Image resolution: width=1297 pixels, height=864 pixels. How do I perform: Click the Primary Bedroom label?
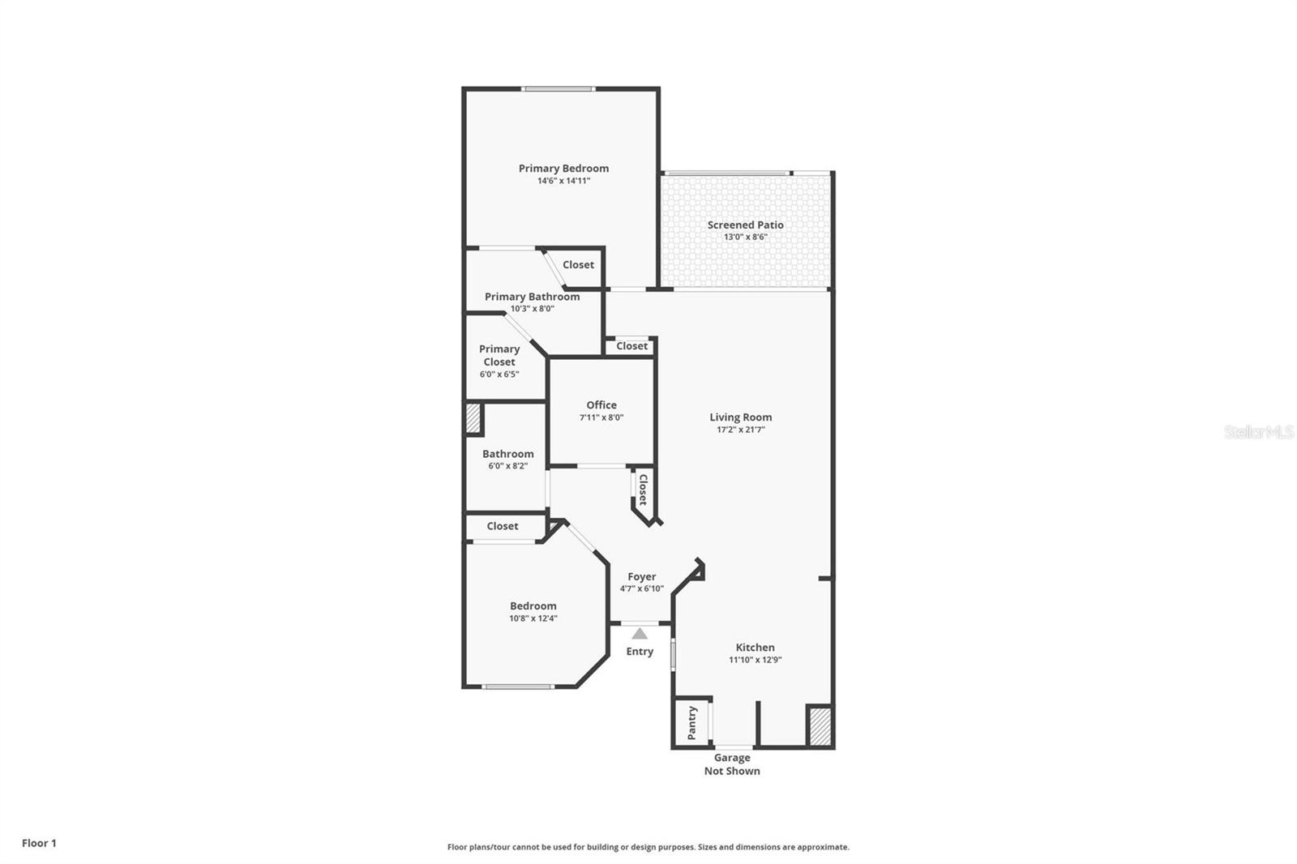point(563,169)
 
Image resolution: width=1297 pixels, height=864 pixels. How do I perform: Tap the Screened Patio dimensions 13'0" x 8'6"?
point(745,237)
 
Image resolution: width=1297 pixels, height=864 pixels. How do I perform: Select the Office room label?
point(601,405)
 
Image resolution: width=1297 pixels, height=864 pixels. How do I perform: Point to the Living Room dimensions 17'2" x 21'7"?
point(740,430)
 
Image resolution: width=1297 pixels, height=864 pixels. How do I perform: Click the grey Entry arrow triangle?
point(640,634)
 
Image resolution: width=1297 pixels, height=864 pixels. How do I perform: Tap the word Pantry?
point(692,723)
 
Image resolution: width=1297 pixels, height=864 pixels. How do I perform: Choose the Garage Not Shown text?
point(732,764)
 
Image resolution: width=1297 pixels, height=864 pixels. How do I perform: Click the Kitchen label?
point(755,648)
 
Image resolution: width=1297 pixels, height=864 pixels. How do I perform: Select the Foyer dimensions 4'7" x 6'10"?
point(641,589)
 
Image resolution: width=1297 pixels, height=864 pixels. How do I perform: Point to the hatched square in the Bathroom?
point(473,420)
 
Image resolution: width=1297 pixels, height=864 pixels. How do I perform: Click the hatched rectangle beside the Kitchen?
point(820,726)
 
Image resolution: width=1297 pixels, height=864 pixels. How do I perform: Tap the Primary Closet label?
point(499,355)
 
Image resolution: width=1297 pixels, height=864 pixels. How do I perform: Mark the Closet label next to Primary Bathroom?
point(578,265)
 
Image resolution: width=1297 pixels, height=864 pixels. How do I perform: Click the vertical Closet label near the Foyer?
point(643,490)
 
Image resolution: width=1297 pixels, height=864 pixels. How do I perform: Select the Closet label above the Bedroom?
point(503,527)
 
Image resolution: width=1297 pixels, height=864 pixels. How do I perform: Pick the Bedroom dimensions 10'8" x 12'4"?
point(533,618)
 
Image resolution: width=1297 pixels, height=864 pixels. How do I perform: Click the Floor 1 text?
point(39,843)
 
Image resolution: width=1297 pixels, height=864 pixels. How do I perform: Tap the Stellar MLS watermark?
point(1258,432)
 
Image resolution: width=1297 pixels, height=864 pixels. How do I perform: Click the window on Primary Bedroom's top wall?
point(559,89)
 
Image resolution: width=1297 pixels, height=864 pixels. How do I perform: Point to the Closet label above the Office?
point(631,346)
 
